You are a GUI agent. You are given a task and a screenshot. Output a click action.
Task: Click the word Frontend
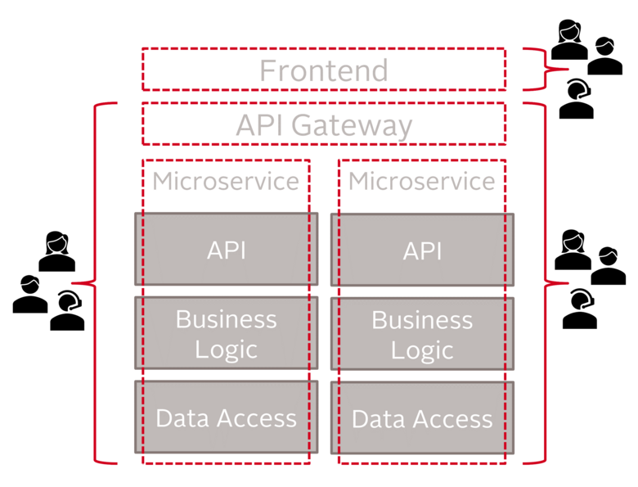[x=323, y=70]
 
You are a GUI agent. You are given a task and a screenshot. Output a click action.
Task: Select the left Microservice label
[x=226, y=181]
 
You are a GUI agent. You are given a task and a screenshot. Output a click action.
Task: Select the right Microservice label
[x=422, y=181]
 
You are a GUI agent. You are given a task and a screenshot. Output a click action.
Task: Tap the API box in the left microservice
[x=226, y=250]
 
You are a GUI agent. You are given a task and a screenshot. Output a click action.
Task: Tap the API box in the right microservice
[x=422, y=250]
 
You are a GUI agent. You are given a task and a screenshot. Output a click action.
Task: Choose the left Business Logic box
[x=226, y=333]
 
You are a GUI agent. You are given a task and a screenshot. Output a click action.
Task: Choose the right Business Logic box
[x=422, y=333]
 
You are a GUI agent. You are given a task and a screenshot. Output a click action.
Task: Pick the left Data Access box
[x=226, y=417]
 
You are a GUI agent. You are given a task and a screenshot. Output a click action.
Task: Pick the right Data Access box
[x=422, y=417]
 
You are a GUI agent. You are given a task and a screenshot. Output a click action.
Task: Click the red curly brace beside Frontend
[x=536, y=70]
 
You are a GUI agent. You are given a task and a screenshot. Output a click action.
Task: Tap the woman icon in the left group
[x=56, y=251]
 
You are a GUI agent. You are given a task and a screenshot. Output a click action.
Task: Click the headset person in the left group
[x=68, y=311]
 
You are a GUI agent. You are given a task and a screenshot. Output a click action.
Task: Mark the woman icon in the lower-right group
[x=573, y=250]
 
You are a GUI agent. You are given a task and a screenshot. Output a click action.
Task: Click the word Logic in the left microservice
[x=226, y=349]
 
